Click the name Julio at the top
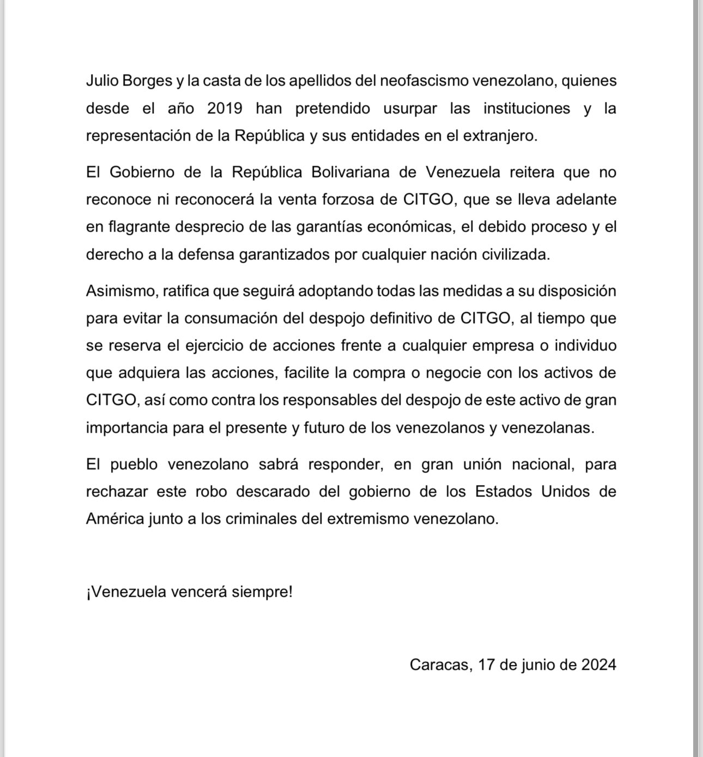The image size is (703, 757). tap(102, 81)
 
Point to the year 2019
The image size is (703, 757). tap(225, 108)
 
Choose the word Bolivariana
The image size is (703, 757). tap(350, 172)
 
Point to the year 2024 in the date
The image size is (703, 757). tap(598, 665)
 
